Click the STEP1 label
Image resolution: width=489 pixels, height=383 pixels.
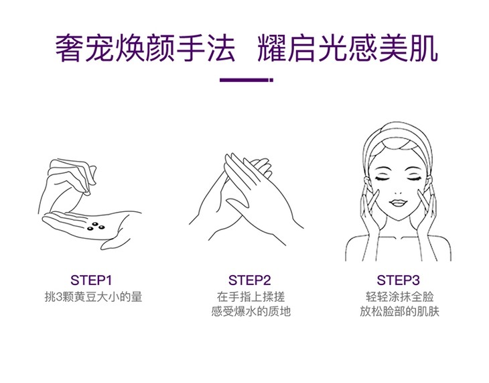91,280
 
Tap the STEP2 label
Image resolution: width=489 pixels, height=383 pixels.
249,280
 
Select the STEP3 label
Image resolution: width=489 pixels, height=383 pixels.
399,280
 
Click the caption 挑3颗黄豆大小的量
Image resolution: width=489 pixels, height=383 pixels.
93,296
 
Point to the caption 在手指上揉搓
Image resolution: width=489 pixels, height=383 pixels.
251,296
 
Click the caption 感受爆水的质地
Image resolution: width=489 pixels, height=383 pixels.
251,311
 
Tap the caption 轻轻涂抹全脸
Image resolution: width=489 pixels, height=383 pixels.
399,296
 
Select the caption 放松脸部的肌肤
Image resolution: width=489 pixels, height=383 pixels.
399,311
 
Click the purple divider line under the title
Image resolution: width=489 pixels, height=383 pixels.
247,80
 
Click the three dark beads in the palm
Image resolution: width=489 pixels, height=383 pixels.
95,227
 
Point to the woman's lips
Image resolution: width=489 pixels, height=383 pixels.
397,203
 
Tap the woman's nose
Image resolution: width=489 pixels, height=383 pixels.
397,191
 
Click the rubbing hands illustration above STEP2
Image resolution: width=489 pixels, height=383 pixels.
247,200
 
